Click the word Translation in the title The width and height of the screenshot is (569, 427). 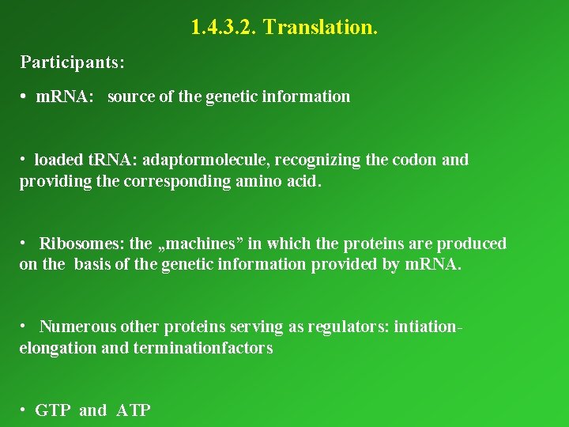320,28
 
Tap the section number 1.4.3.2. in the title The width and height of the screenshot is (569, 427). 224,28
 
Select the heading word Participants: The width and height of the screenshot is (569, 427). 72,61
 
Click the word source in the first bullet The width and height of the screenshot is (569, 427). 130,96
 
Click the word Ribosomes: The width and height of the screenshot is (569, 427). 82,244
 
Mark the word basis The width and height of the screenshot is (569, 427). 92,264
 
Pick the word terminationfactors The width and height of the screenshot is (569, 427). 207,348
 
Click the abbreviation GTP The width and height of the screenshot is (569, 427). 53,410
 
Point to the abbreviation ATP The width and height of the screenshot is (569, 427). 133,410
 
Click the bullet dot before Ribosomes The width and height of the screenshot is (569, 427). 24,243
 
